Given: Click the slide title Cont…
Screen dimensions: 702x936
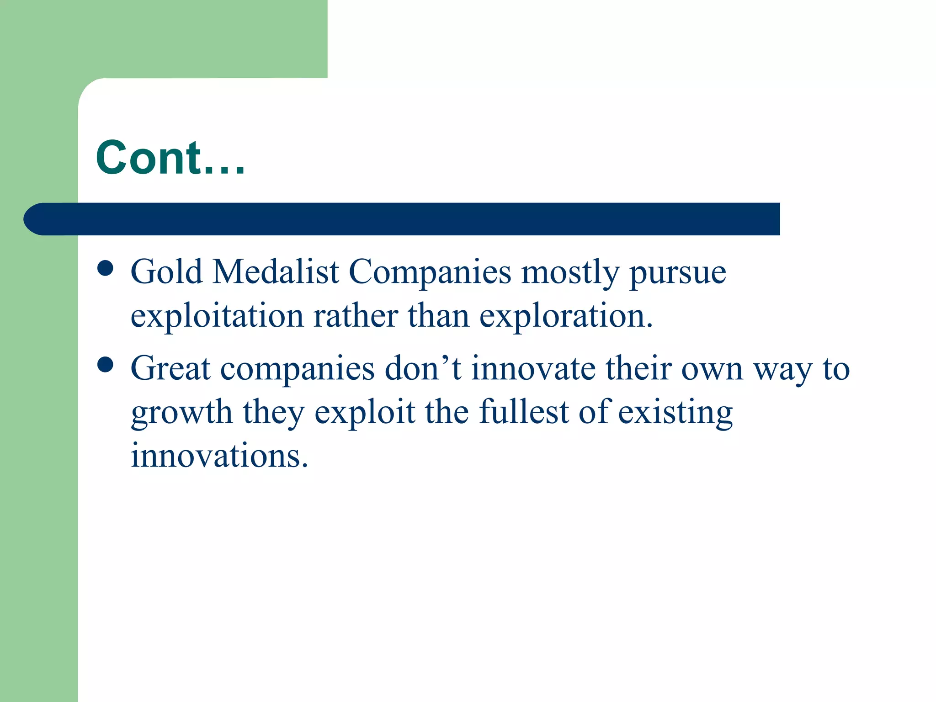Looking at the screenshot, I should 170,158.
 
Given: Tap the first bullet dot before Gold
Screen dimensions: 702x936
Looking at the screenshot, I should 106,268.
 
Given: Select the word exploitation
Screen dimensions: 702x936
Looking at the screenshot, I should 217,316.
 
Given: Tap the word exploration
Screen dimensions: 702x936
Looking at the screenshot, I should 566,316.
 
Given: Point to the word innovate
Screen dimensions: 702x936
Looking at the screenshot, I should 533,368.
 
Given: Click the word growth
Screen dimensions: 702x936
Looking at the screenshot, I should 181,413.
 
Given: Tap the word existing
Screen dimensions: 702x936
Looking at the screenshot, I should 675,413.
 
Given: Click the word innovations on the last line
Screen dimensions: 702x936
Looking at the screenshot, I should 219,456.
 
